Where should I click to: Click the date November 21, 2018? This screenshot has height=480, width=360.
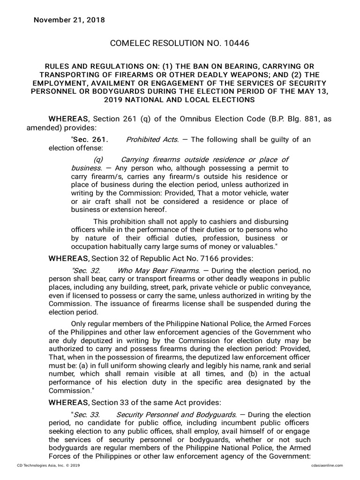69,20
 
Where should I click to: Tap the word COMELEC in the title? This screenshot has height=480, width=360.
129,44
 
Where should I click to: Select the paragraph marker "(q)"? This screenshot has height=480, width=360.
98,160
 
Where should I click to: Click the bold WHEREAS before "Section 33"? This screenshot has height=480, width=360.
68,403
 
